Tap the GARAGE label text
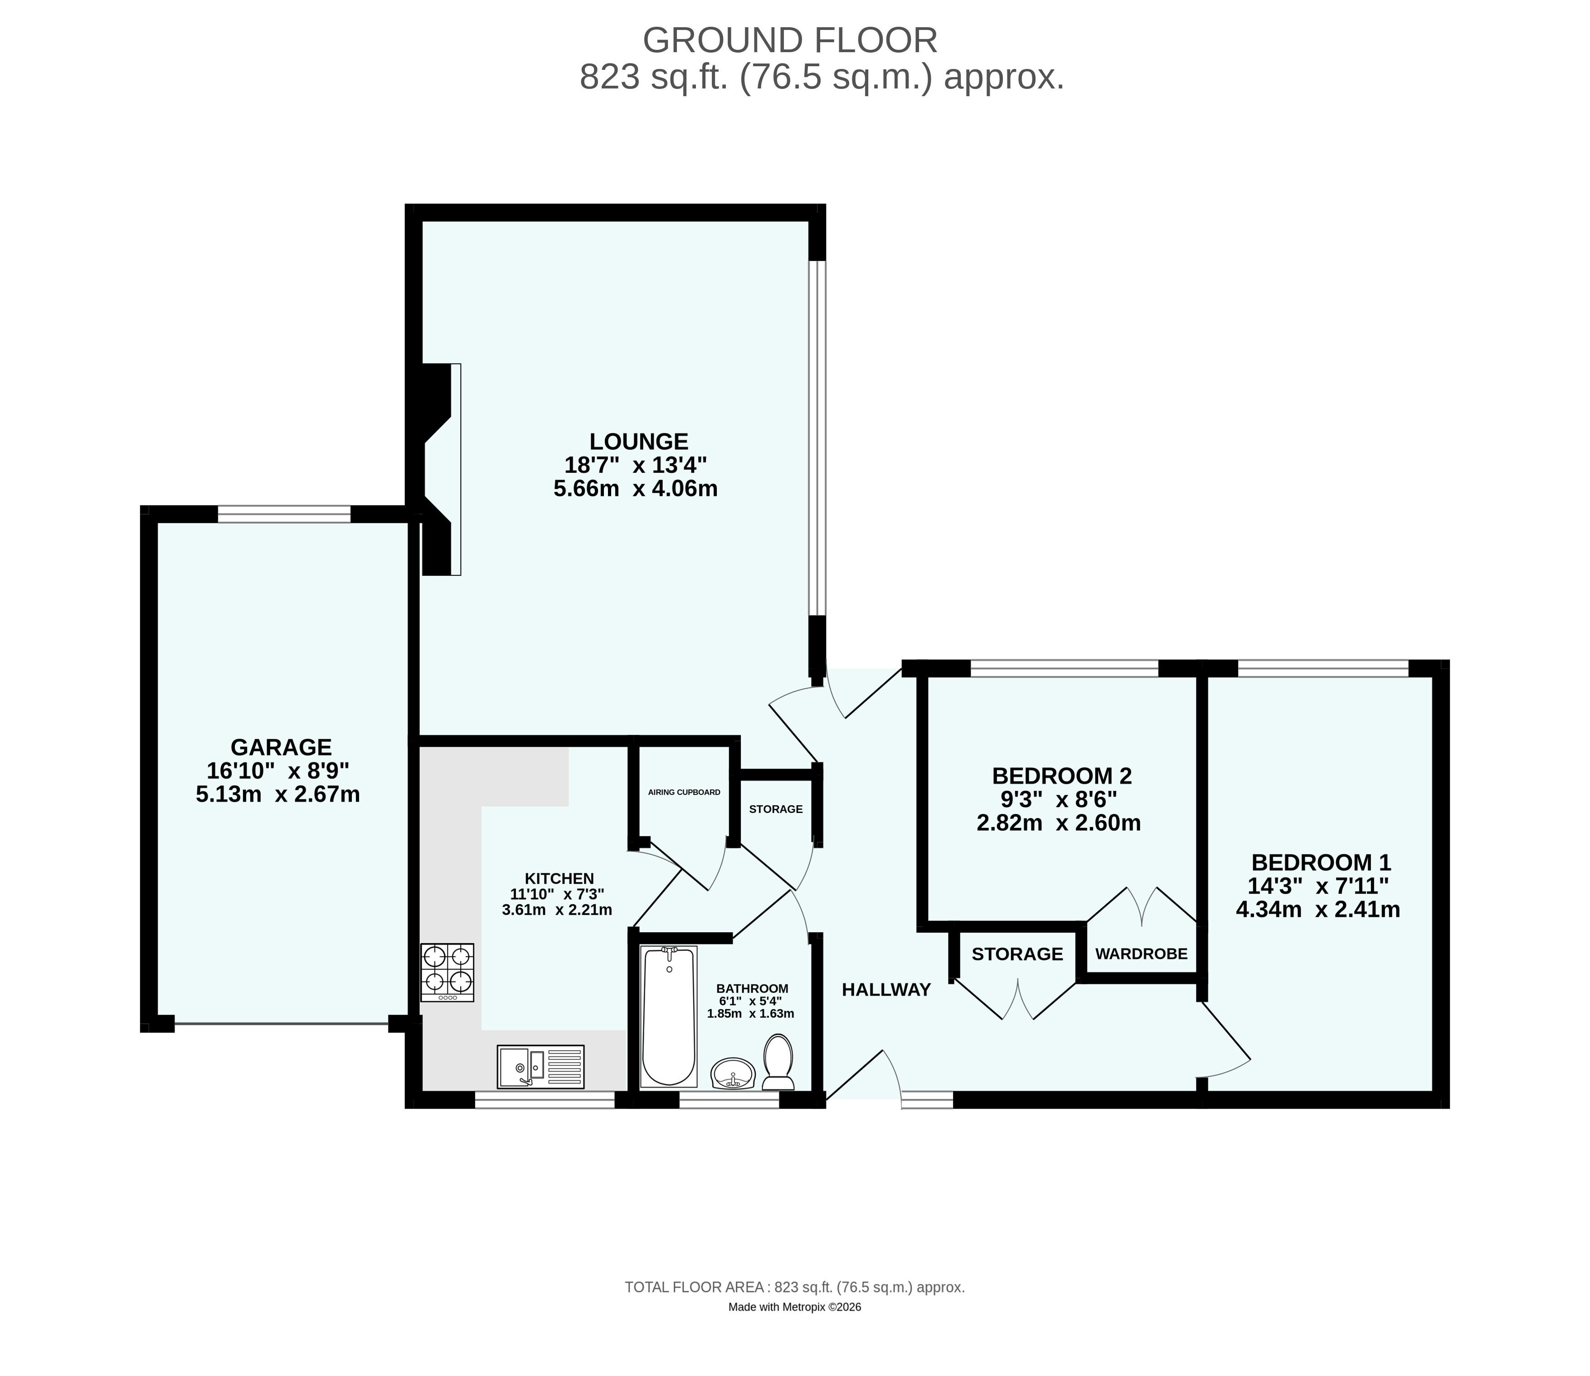point(281,747)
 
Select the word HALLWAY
point(886,990)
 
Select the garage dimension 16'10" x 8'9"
point(278,770)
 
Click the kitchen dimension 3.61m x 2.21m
point(557,911)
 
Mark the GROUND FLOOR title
point(790,40)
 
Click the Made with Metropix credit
point(795,1307)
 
